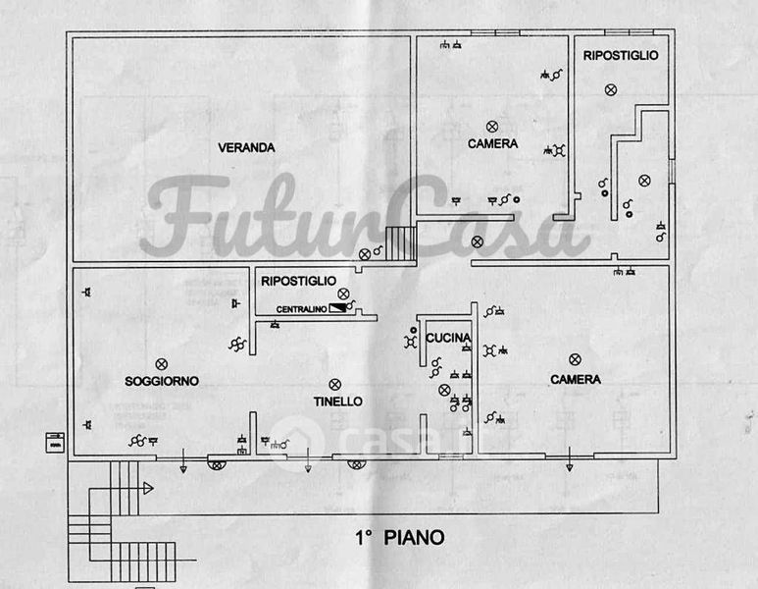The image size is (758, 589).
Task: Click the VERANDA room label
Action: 246,148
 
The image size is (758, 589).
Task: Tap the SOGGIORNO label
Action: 162,381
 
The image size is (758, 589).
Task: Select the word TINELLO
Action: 337,402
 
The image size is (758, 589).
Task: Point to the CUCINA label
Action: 448,339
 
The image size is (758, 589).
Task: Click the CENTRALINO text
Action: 301,310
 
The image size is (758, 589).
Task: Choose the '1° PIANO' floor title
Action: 399,538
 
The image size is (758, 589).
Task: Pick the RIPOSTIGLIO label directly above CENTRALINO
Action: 298,282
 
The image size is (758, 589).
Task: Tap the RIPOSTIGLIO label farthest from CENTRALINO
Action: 620,56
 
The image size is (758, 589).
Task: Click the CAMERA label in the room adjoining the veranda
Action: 492,144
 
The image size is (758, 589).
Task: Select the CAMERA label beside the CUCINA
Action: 576,380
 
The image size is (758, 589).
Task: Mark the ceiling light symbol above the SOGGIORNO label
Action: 162,364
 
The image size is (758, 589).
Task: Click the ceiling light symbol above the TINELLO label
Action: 334,384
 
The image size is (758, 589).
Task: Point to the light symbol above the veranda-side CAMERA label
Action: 492,127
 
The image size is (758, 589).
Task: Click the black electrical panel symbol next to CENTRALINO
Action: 338,308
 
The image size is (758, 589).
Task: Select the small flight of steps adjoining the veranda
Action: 400,242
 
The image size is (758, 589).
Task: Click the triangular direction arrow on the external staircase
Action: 147,488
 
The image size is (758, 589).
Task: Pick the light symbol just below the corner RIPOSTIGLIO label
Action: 610,90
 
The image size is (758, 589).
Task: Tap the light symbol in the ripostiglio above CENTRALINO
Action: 342,294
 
